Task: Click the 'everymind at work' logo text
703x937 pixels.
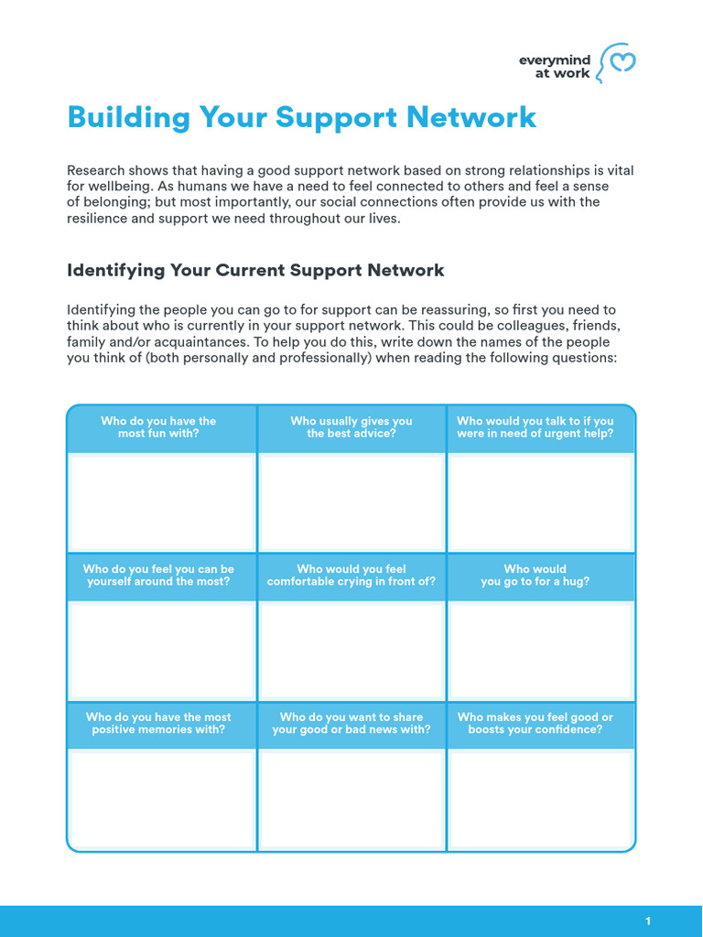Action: [x=555, y=67]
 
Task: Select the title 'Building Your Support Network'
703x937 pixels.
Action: [x=302, y=117]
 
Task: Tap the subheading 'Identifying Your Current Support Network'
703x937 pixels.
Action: [x=255, y=270]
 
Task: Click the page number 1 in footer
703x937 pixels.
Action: [x=648, y=921]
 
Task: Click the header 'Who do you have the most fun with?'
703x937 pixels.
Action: [x=158, y=427]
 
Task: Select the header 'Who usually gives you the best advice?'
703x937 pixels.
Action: [x=351, y=427]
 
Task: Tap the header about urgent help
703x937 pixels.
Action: [x=535, y=427]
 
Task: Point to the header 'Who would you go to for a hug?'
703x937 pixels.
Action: [x=535, y=576]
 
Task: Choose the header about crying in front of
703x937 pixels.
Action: [x=351, y=576]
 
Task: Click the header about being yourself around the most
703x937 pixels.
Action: [x=158, y=576]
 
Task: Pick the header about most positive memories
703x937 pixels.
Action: [x=158, y=724]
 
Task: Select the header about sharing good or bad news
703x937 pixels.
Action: [x=351, y=724]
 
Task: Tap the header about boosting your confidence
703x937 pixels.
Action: [x=535, y=724]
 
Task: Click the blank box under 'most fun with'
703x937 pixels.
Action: [x=161, y=502]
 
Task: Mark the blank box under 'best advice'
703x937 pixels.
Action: [x=351, y=502]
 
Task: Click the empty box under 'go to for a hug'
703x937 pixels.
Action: [x=541, y=651]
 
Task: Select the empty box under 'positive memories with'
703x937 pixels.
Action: [x=161, y=799]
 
